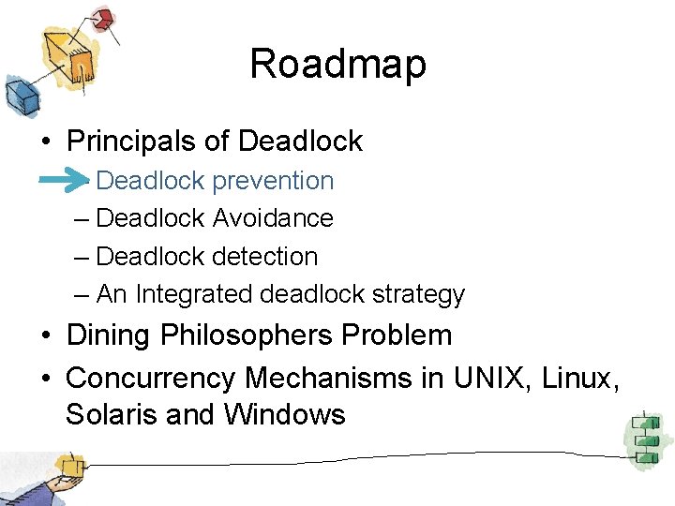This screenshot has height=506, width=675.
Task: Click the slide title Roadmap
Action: coord(337,65)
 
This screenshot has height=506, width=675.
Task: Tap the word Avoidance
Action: coord(273,218)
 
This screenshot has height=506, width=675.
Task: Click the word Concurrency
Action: coord(151,378)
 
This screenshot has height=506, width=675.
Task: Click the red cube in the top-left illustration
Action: coord(102,18)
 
